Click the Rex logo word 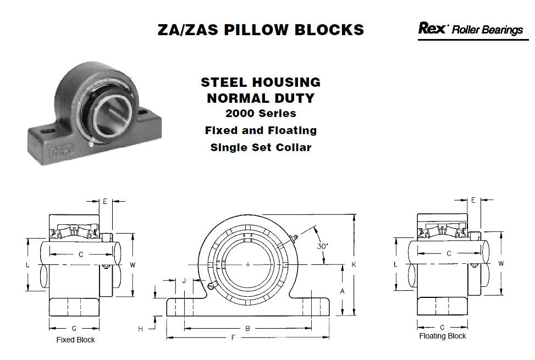tap(432, 28)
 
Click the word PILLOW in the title tap(256, 30)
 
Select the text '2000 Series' tap(261, 113)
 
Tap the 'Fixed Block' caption tap(75, 340)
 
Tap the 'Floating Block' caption tap(442, 336)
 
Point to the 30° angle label tap(322, 246)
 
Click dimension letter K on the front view tap(354, 264)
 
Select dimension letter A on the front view tap(342, 291)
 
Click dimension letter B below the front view tap(248, 328)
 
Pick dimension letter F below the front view tap(233, 337)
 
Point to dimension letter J tap(184, 280)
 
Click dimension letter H tap(141, 329)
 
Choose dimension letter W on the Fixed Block tap(133, 265)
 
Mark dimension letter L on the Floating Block tap(396, 264)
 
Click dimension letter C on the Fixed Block tap(81, 254)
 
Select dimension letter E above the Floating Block tap(473, 200)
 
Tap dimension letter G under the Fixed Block tap(74, 329)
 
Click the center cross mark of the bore tap(248, 264)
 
